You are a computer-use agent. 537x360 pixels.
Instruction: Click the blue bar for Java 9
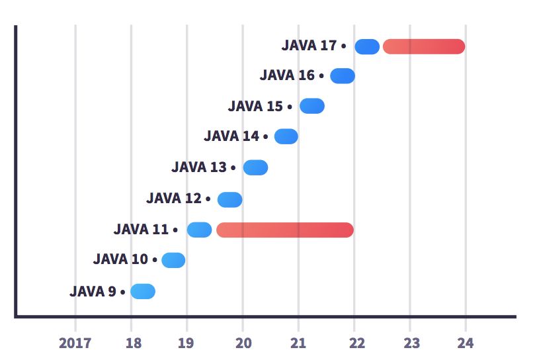click(143, 291)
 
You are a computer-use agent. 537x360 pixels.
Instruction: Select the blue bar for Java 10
click(173, 260)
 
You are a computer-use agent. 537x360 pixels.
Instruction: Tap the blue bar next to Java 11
click(199, 230)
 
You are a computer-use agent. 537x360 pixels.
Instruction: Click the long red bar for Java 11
click(285, 230)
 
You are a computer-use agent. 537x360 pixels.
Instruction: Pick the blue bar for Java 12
click(230, 199)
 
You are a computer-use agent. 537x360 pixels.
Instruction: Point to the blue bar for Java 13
click(255, 167)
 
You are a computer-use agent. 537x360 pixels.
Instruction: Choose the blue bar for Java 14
click(286, 136)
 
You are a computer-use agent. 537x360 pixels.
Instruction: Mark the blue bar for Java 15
click(312, 106)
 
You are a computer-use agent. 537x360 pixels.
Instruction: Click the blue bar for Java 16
click(343, 75)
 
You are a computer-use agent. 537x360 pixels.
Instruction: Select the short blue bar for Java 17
click(367, 46)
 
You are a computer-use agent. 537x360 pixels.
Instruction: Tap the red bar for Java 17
click(424, 46)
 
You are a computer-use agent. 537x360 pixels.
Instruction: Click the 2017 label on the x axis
click(75, 343)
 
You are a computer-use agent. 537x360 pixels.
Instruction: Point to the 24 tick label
click(466, 343)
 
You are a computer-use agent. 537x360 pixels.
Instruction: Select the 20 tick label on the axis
click(243, 343)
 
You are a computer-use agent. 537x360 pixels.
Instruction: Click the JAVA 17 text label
click(309, 46)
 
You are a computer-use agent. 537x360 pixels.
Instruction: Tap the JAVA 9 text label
click(93, 291)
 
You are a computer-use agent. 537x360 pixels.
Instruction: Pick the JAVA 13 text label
click(199, 167)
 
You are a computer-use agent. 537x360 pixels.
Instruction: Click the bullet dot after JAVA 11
click(175, 230)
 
